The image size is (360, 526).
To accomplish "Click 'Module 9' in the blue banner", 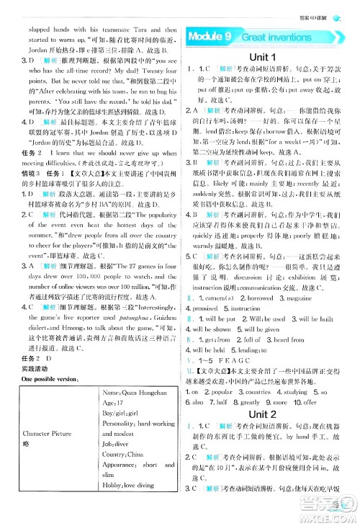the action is [208, 35].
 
